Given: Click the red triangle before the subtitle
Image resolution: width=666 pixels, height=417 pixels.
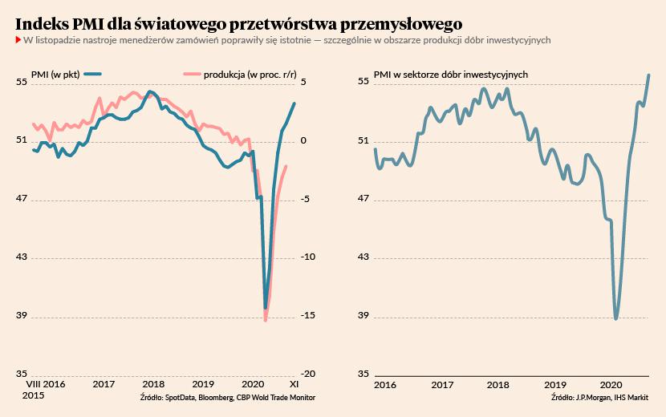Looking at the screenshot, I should coord(18,40).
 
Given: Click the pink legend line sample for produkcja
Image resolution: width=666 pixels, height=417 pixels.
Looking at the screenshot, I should coord(192,75).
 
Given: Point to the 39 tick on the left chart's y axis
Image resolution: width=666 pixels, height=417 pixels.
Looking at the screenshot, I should coord(21,316).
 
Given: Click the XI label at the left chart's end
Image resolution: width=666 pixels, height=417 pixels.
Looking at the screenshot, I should coord(294,385).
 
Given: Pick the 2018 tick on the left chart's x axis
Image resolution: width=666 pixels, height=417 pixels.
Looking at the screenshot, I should coord(153,385).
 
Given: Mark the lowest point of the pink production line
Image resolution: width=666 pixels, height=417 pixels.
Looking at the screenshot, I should coord(266,321).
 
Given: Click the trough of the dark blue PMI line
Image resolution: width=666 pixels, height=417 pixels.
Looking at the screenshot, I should coord(266,307).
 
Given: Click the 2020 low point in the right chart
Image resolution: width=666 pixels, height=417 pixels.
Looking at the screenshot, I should coord(616,318).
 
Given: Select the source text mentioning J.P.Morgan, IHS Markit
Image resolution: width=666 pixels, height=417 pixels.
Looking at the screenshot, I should coord(599,398).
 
